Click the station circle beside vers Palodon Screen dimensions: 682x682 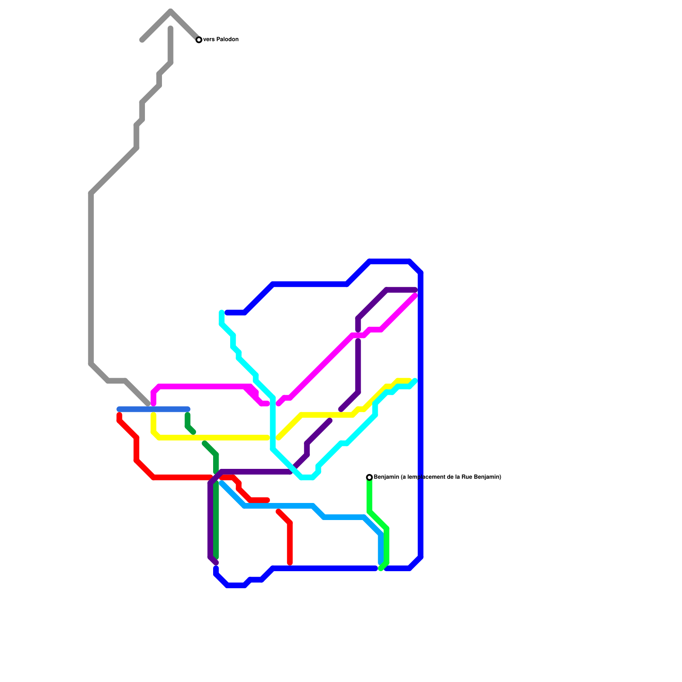[199, 40]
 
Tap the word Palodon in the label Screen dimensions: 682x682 [227, 40]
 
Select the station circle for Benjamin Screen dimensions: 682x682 [369, 477]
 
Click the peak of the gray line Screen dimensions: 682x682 [170, 11]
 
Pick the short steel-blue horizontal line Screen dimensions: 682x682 [153, 409]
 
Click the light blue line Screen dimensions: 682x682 [277, 506]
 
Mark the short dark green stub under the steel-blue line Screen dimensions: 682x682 [188, 422]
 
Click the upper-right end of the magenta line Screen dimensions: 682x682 [415, 296]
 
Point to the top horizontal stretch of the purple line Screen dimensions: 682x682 [401, 290]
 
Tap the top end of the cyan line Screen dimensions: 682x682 [222, 313]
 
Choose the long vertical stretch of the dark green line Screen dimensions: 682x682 [216, 520]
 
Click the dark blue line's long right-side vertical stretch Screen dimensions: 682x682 [421, 413]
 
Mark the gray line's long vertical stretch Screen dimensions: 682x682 [91, 277]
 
